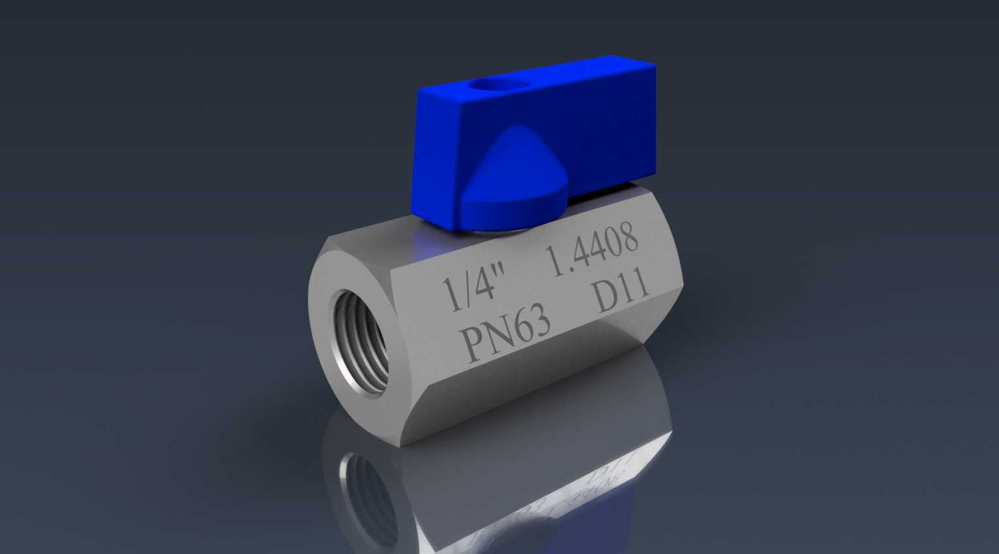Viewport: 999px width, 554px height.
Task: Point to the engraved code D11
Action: coord(621,293)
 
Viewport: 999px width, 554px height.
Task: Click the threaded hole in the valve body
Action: coord(362,342)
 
